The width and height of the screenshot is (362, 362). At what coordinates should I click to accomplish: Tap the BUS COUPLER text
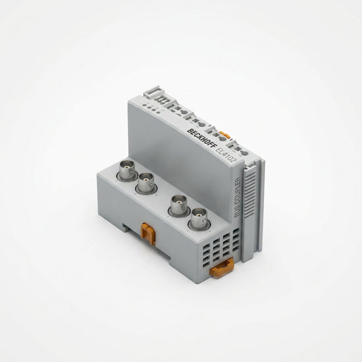(238, 197)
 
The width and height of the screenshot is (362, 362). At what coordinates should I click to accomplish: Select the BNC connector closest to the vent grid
(199, 219)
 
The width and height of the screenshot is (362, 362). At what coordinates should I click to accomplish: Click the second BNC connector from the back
(146, 184)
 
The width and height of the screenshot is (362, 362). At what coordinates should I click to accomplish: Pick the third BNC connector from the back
(179, 206)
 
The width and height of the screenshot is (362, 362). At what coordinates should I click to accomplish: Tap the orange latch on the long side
(147, 234)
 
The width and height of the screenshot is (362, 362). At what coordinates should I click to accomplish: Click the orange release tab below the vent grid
(221, 268)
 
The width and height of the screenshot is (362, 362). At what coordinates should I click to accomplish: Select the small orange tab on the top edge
(224, 134)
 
